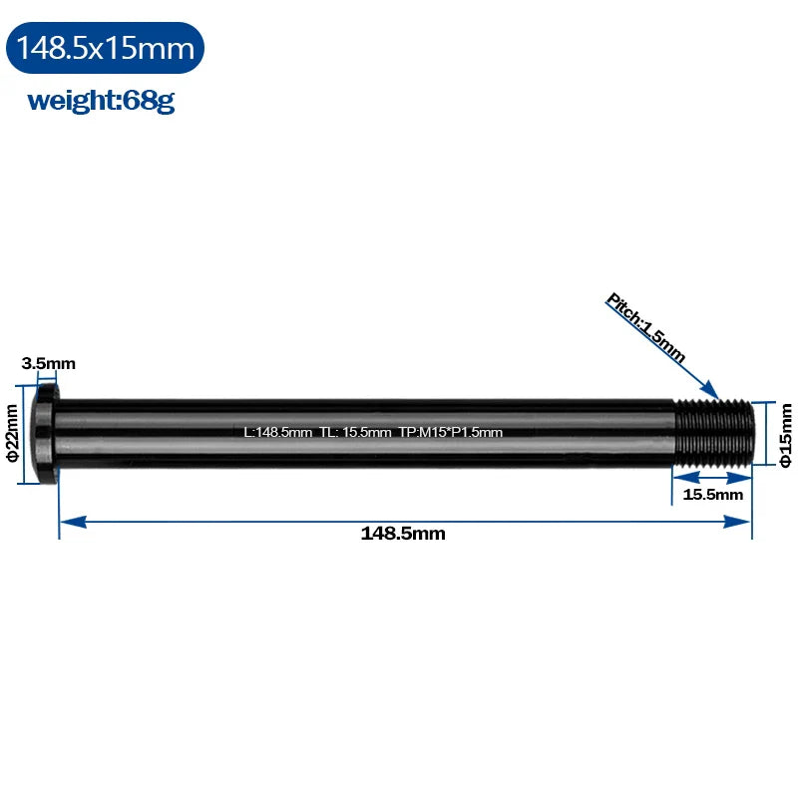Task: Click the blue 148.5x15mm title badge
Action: pyautogui.click(x=105, y=48)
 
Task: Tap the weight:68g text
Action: pyautogui.click(x=101, y=101)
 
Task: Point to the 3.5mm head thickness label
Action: pyautogui.click(x=48, y=363)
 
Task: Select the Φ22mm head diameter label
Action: pyautogui.click(x=12, y=433)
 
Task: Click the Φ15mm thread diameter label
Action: pyautogui.click(x=786, y=435)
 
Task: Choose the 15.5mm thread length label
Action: pyautogui.click(x=712, y=494)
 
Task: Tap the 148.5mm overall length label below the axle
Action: pyautogui.click(x=403, y=534)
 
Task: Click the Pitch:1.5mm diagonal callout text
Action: pyautogui.click(x=645, y=328)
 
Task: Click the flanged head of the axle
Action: pyautogui.click(x=46, y=434)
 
